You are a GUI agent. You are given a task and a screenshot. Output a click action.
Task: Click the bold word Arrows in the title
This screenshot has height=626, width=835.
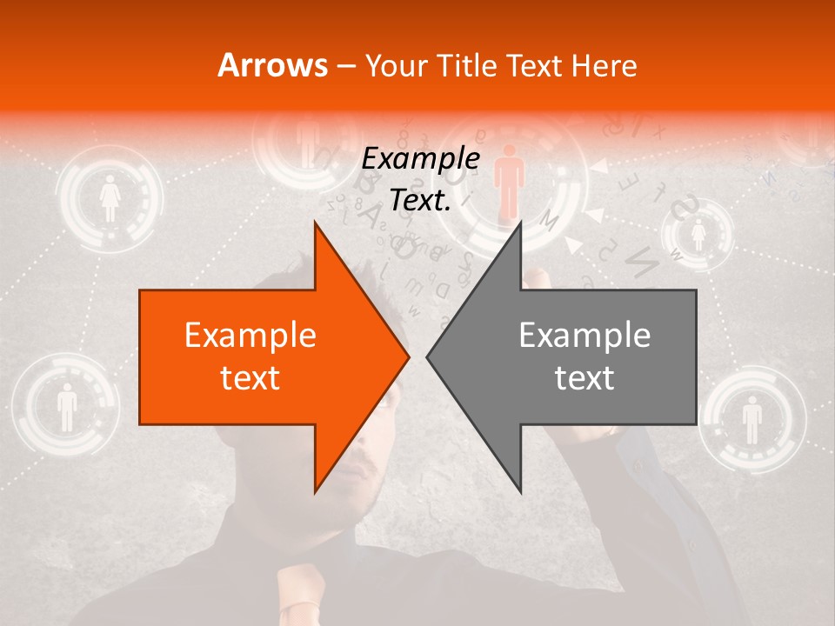[x=272, y=65]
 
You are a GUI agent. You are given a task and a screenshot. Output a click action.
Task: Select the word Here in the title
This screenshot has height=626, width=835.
[x=604, y=65]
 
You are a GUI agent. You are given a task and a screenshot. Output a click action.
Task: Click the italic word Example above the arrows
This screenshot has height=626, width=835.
[x=420, y=159]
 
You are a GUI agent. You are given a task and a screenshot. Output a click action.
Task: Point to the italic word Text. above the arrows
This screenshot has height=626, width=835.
[x=420, y=200]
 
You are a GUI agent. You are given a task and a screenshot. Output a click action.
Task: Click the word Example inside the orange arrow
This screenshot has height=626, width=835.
[x=250, y=336]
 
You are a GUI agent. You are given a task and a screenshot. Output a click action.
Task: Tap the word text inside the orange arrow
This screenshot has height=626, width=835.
[x=250, y=377]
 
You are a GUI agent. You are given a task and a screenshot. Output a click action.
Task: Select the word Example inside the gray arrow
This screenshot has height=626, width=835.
[x=584, y=336]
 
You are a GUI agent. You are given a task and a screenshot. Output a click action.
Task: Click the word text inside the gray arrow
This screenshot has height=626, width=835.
[x=584, y=377]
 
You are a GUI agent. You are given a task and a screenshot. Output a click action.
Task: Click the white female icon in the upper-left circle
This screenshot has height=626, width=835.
[x=110, y=199]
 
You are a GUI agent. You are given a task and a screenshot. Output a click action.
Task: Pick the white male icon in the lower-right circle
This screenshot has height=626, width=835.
[x=751, y=418]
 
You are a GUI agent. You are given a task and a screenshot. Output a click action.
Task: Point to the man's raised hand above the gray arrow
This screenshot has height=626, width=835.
[x=535, y=280]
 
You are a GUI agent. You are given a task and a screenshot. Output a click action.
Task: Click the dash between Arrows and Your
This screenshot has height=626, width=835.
[x=345, y=65]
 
